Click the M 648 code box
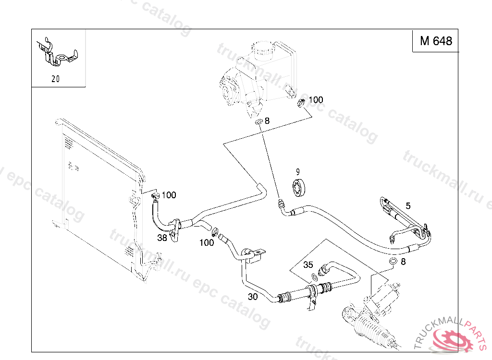[x=436, y=41]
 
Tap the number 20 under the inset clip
[x=56, y=79]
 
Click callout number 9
[x=297, y=171]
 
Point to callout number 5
[x=408, y=206]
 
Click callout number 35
[x=308, y=264]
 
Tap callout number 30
[x=253, y=297]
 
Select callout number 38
[x=162, y=237]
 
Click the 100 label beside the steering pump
[x=316, y=100]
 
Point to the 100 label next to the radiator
[x=169, y=195]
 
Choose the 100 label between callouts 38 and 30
[x=207, y=243]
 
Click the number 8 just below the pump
[x=267, y=121]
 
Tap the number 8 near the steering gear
[x=403, y=262]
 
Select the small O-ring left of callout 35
[x=314, y=276]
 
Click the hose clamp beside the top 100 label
[x=302, y=102]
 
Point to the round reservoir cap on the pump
[x=263, y=49]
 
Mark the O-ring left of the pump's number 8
[x=258, y=122]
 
